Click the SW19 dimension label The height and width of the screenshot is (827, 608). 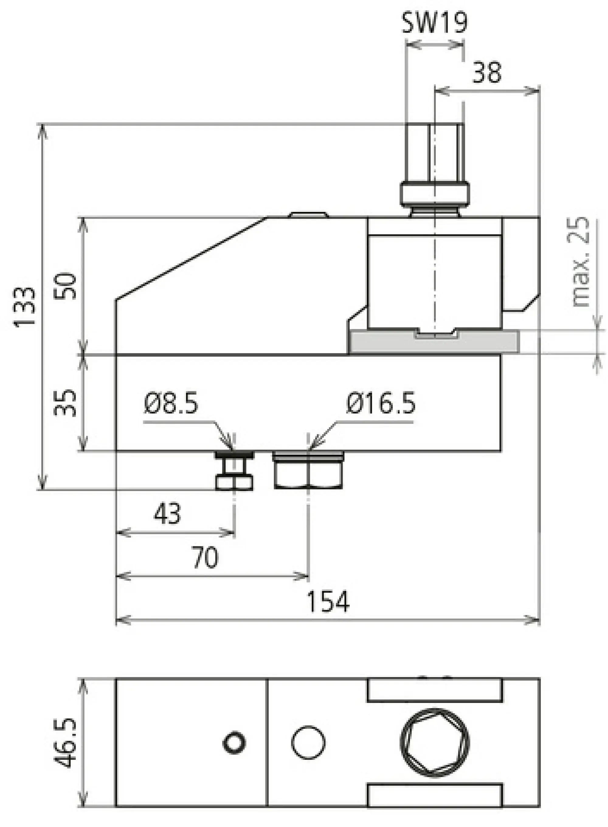pyautogui.click(x=434, y=23)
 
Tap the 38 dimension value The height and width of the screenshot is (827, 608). pyautogui.click(x=486, y=72)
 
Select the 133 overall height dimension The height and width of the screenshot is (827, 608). pyautogui.click(x=25, y=306)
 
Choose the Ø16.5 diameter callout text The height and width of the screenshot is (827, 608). pyautogui.click(x=381, y=403)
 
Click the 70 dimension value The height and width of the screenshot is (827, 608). pyautogui.click(x=205, y=558)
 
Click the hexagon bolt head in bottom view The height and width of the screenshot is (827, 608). pyautogui.click(x=435, y=742)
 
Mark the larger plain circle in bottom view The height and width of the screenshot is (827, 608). pyautogui.click(x=308, y=742)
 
